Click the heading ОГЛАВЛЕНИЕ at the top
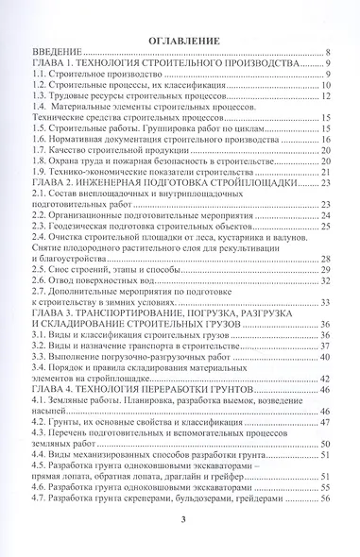tap(183, 41)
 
